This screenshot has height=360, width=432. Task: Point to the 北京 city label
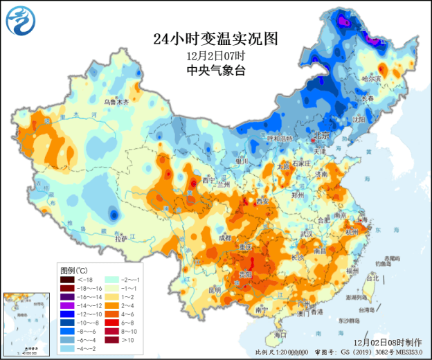322,135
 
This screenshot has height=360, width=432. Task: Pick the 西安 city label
262,201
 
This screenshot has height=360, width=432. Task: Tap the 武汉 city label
307,233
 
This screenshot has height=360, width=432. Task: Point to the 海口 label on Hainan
280,334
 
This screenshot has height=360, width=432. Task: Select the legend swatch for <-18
68,279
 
